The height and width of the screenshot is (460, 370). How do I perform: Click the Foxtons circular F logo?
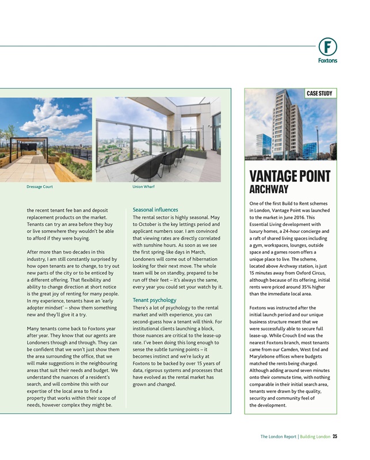coord(327,46)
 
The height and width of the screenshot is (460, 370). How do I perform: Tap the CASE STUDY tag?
coord(319,93)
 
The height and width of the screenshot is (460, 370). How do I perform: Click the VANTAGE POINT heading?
coord(290,177)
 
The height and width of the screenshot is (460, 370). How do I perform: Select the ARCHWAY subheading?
coord(269,189)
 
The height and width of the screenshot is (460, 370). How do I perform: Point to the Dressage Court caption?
coord(40,187)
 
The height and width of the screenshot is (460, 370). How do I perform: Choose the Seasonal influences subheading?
coord(155,210)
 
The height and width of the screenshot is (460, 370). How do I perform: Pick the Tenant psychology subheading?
coord(155,300)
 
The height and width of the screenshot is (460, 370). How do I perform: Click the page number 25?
coord(335,436)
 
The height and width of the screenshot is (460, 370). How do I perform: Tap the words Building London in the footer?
coord(315,436)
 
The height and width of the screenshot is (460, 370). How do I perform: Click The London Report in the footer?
coord(279,436)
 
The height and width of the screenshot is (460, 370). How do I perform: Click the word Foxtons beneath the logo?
coord(327,60)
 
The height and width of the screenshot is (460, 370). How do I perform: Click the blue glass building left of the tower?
coord(264,144)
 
